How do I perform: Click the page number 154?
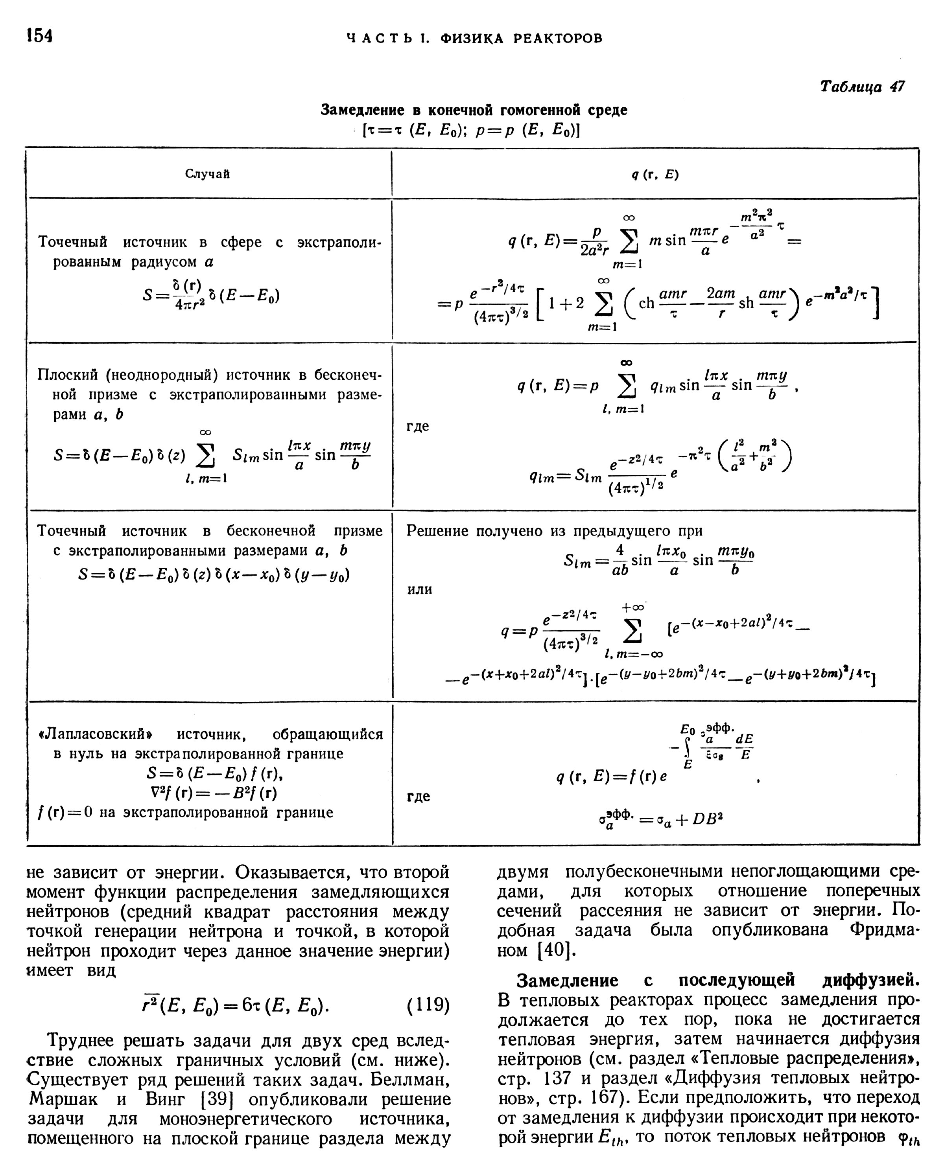coord(39,35)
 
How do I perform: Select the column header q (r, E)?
coord(655,174)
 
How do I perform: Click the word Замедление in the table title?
coord(362,110)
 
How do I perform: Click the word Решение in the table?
coord(439,530)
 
